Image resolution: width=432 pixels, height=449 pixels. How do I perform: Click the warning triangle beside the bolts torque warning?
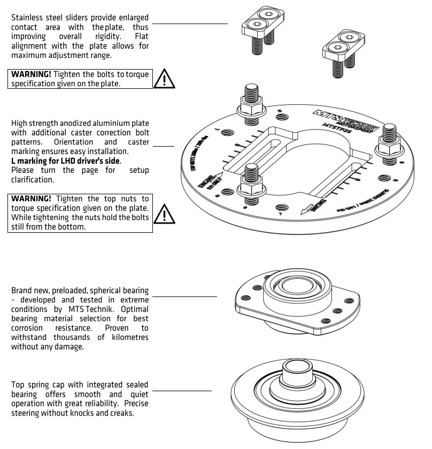pyautogui.click(x=165, y=80)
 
